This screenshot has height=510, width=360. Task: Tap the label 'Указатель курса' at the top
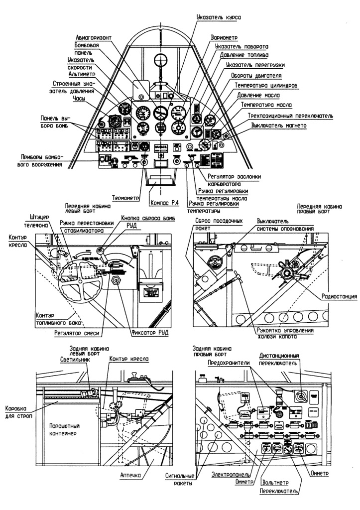coord(219,17)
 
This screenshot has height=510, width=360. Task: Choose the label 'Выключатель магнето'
coord(279,126)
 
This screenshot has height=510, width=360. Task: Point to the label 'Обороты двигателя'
coord(256,76)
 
